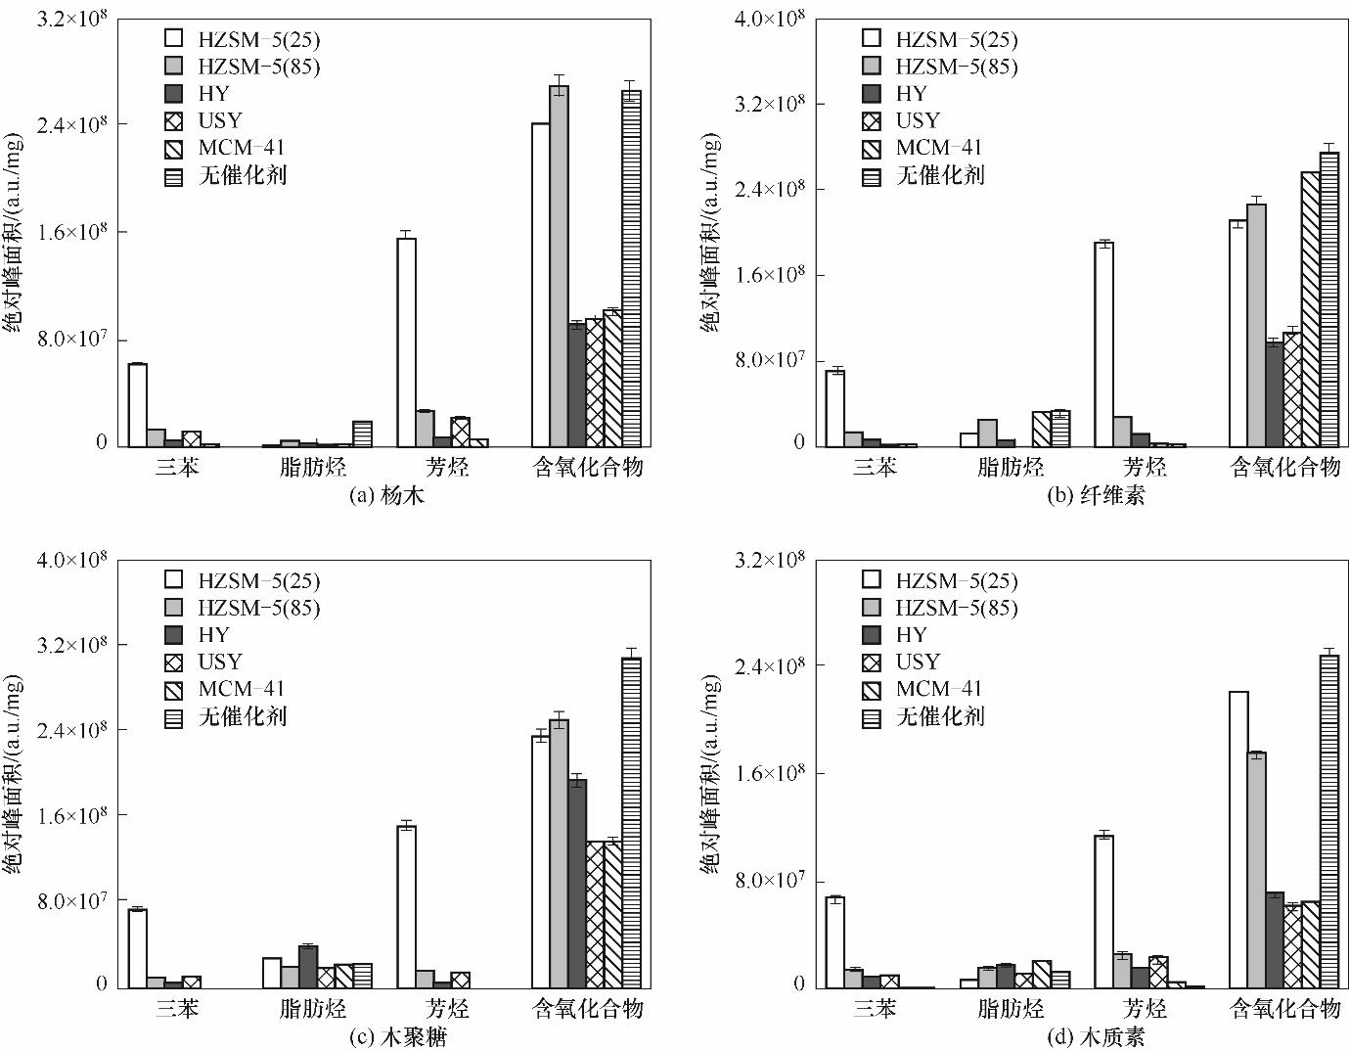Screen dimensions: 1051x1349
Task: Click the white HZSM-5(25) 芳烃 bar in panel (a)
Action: coord(406,343)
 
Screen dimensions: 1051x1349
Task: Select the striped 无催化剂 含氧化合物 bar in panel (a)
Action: coord(632,269)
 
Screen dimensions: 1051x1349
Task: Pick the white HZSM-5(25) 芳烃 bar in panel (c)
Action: coord(406,906)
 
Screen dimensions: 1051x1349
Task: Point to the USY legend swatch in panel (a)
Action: coord(174,121)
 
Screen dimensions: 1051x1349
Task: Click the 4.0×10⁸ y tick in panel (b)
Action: coord(768,19)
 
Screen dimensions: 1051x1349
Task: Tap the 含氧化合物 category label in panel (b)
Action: coord(1283,467)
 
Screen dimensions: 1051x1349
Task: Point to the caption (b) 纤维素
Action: coord(1096,495)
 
